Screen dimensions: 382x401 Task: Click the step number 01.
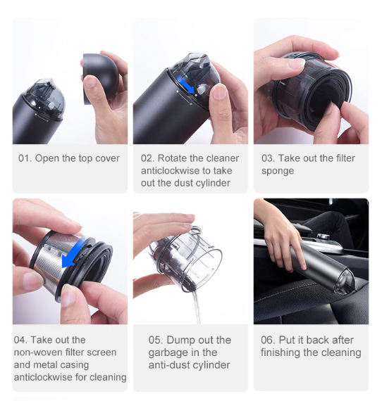pyautogui.click(x=25, y=158)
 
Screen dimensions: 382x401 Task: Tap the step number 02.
pyautogui.click(x=147, y=158)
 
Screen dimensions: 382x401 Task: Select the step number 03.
pyautogui.click(x=268, y=158)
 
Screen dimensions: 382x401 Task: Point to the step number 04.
pyautogui.click(x=20, y=340)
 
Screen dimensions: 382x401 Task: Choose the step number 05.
pyautogui.click(x=155, y=340)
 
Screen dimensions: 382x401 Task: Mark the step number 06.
pyautogui.click(x=268, y=340)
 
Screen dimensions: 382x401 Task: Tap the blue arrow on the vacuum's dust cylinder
pyautogui.click(x=186, y=85)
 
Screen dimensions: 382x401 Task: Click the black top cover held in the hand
pyautogui.click(x=101, y=78)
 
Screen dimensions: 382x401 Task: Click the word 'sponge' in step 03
pyautogui.click(x=278, y=171)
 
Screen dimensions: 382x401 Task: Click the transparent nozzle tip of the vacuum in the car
pyautogui.click(x=345, y=281)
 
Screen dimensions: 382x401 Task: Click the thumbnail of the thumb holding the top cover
pyautogui.click(x=90, y=82)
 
